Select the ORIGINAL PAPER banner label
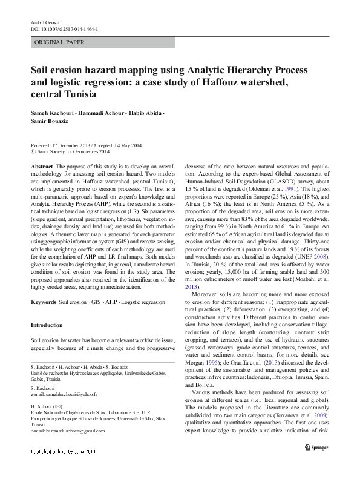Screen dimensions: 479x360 click(x=59, y=42)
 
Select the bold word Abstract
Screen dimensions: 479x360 click(x=41, y=165)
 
